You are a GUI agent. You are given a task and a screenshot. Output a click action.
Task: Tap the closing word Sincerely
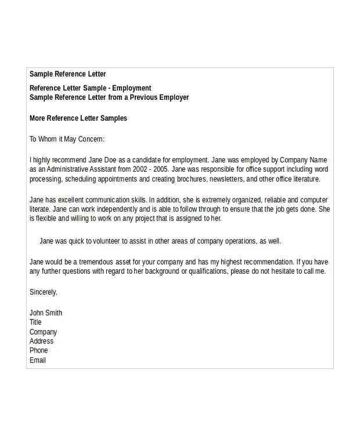pyautogui.click(x=43, y=292)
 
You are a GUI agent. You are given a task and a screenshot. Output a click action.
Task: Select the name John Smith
pyautogui.click(x=45, y=313)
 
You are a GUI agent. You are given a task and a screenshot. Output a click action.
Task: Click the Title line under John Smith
pyautogui.click(x=35, y=322)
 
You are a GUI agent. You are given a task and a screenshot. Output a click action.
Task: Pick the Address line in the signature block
pyautogui.click(x=41, y=341)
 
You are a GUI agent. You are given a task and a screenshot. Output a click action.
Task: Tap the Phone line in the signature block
pyautogui.click(x=38, y=350)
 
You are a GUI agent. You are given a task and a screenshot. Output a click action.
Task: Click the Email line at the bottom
pyautogui.click(x=37, y=360)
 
